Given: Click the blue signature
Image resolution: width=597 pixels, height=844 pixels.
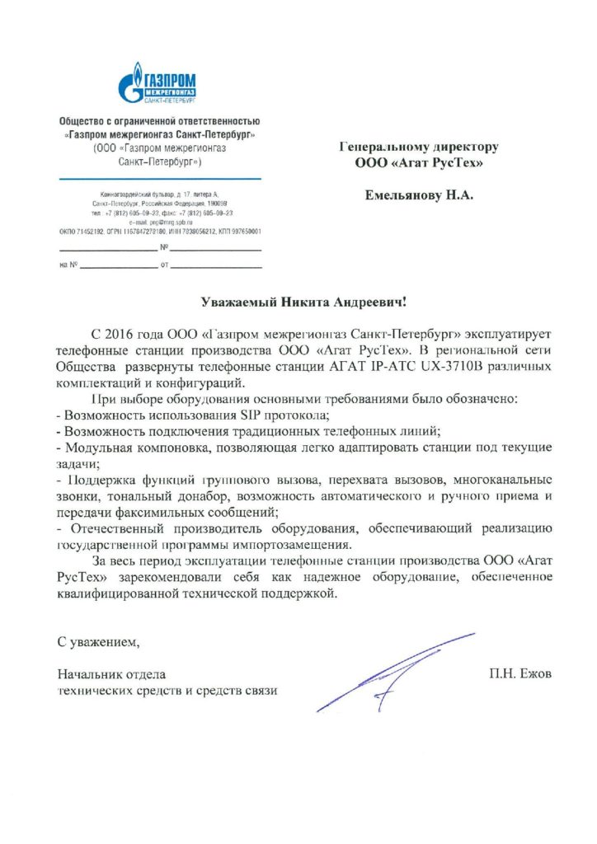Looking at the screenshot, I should (396, 670).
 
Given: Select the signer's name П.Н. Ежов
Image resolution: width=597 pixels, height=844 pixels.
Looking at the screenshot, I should (520, 673).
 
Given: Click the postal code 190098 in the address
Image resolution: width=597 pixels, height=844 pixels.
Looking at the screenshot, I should (217, 202).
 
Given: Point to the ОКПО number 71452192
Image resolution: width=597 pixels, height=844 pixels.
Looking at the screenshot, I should (93, 232).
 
